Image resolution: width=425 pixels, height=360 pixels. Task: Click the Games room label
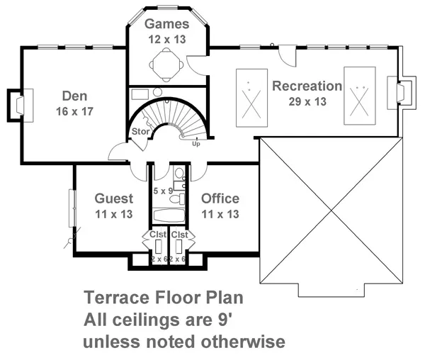[x=167, y=24]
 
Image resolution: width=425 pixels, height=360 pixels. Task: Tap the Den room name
[x=74, y=96]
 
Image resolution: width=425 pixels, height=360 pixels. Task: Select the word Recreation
[x=307, y=86]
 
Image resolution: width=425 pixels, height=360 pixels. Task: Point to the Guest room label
[x=113, y=198]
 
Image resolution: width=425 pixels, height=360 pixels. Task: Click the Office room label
[x=220, y=198]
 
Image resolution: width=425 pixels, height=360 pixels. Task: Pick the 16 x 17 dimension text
[x=74, y=111]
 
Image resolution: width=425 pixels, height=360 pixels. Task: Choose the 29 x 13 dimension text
[x=307, y=102]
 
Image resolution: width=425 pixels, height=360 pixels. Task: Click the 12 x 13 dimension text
[x=167, y=40]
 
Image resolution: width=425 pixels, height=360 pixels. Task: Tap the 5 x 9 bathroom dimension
[x=164, y=191]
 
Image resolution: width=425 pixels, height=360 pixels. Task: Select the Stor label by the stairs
[x=139, y=132]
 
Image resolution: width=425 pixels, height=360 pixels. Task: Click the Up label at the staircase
[x=196, y=144]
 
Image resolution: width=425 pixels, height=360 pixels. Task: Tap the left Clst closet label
[x=157, y=235]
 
